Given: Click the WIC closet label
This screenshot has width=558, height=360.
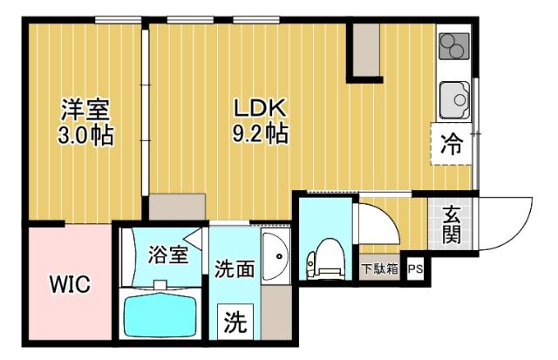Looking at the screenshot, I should [68, 284].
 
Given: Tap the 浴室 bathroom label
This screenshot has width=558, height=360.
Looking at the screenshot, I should [167, 255].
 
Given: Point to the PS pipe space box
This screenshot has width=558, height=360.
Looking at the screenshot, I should [415, 268].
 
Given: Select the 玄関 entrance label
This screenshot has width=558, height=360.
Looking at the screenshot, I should [452, 224].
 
